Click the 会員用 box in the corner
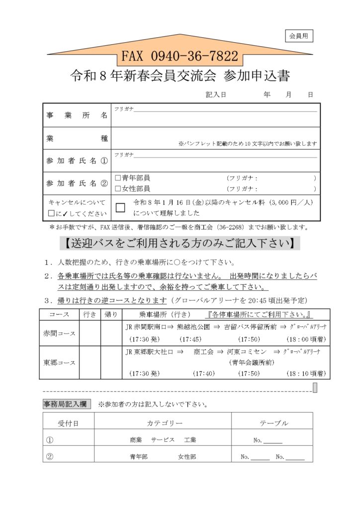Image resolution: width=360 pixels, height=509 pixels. tap(299, 36)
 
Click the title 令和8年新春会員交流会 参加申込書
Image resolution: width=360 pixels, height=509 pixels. tap(180, 76)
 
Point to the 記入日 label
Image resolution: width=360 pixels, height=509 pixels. tap(216, 94)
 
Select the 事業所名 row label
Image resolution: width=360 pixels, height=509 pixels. tap(77, 115)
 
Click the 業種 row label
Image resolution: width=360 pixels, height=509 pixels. tap(77, 139)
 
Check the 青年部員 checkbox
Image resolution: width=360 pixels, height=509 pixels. tap(118, 177)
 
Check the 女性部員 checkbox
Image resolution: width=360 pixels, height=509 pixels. tap(118, 188)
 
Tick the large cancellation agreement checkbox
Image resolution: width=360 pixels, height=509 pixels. tap(120, 208)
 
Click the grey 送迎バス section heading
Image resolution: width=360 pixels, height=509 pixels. tap(180, 244)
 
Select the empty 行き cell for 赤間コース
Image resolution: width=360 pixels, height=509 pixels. tap(90, 333)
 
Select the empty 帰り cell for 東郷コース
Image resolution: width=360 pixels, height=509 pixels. tap(111, 362)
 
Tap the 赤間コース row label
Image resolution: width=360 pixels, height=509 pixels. tap(59, 333)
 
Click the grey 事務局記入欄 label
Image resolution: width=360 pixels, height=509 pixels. tap(67, 404)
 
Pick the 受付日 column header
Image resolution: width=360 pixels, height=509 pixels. tap(68, 423)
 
